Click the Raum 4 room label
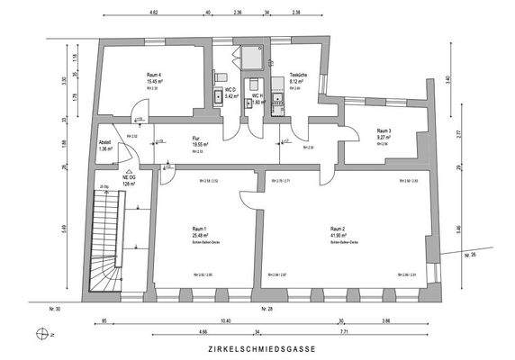153,75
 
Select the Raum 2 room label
339,229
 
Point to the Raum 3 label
384,130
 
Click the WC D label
231,90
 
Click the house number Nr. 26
467,256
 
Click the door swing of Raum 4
136,120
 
